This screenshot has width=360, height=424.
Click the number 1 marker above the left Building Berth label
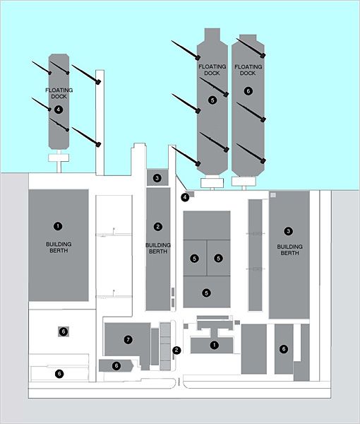coord(58,226)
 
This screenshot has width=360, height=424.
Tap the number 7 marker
coord(128,339)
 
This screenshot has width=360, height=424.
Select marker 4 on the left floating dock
coord(59,110)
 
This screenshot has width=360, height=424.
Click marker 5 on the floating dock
coord(212,100)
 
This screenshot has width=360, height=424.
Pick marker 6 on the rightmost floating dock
coord(248,91)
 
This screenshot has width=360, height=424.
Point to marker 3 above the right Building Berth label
coord(289,231)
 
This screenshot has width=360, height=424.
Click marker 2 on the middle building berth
coord(158,227)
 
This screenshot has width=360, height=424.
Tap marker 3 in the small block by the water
coord(157,178)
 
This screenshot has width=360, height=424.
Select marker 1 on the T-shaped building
coord(214,345)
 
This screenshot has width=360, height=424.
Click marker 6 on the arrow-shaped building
coord(116,366)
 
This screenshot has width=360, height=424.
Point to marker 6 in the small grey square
coord(64,331)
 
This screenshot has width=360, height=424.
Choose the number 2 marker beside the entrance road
coord(176,351)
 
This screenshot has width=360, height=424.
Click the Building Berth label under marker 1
coord(59,247)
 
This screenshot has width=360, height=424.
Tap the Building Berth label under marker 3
coord(289,250)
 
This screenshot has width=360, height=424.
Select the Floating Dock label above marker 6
coord(248,70)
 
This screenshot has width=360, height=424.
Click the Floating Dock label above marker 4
coord(59,93)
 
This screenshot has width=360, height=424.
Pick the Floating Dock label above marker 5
coord(212,70)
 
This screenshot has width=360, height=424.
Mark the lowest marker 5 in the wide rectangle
coord(207,293)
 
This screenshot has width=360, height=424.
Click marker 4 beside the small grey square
coord(185,197)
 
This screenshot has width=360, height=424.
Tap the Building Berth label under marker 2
coord(158,248)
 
